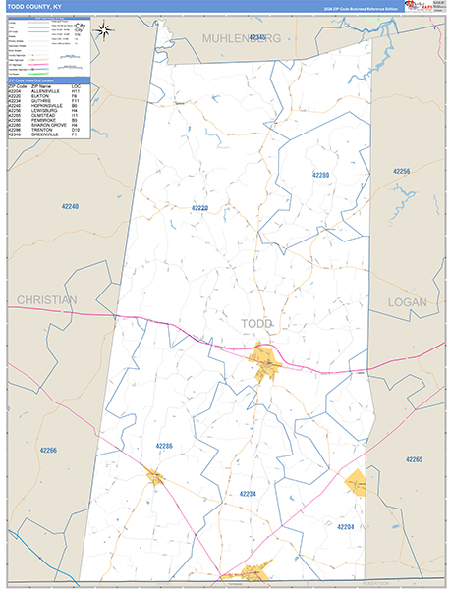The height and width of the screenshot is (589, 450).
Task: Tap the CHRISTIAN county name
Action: tap(46, 301)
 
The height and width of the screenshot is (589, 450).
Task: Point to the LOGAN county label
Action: tap(408, 302)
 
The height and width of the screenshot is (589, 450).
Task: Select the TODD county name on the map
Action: tap(257, 323)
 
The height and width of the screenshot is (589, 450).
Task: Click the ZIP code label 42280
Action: tap(321, 175)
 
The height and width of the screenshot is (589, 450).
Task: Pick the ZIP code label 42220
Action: tap(199, 208)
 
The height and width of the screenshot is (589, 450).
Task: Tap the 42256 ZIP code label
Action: tap(401, 171)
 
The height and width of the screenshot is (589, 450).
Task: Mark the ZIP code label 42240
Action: tap(69, 207)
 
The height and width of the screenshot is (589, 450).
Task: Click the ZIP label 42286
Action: tap(164, 446)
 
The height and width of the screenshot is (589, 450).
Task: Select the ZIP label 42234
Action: tap(248, 494)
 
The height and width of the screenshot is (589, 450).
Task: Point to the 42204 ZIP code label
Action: tap(346, 527)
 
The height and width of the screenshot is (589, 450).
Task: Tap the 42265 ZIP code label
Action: tap(413, 459)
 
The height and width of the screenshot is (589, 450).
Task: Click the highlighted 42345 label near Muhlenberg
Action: tap(258, 37)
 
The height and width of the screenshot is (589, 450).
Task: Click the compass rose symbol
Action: tap(104, 31)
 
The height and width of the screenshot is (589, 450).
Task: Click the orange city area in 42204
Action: tap(355, 482)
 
